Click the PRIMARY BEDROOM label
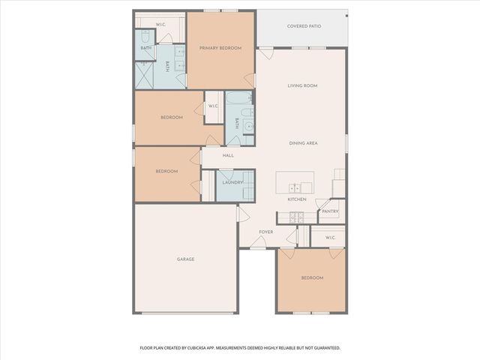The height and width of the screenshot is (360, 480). click(x=220, y=48)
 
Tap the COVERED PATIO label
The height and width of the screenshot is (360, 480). click(x=304, y=26)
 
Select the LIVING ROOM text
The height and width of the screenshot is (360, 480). click(x=302, y=86)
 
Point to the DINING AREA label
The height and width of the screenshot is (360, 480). click(x=304, y=142)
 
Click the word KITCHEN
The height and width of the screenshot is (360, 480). click(x=297, y=199)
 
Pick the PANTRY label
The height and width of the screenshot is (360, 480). click(x=330, y=211)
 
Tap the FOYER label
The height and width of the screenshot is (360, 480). click(x=265, y=232)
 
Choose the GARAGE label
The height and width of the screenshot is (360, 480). click(x=185, y=259)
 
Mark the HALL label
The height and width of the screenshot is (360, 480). click(x=228, y=156)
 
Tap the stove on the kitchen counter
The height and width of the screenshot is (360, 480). click(x=296, y=217)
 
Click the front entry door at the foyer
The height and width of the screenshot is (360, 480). click(x=257, y=244)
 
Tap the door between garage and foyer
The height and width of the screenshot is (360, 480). click(x=241, y=215)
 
